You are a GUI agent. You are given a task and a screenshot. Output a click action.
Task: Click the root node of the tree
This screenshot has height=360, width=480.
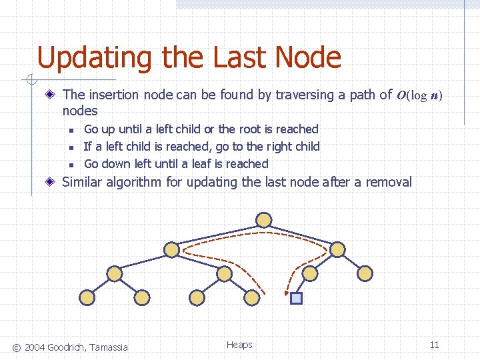click(x=264, y=219)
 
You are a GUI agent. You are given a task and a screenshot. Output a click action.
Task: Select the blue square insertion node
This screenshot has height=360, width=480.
click(x=297, y=298)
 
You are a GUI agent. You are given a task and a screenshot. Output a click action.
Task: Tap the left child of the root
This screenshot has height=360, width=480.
click(x=172, y=249)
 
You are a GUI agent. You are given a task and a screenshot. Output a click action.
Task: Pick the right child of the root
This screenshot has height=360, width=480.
click(x=337, y=249)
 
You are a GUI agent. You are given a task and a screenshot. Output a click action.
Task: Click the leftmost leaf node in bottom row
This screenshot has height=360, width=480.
click(x=87, y=297)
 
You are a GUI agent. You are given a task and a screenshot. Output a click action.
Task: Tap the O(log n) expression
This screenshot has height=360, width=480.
click(x=419, y=95)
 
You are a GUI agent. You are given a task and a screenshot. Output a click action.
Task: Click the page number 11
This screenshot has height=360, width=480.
click(x=434, y=345)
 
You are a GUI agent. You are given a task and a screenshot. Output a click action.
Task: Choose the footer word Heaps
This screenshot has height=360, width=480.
click(x=239, y=345)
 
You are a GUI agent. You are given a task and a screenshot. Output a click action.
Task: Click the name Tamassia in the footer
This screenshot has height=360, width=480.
click(x=105, y=347)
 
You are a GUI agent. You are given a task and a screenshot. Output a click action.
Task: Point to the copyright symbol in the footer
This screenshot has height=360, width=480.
click(x=17, y=347)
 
